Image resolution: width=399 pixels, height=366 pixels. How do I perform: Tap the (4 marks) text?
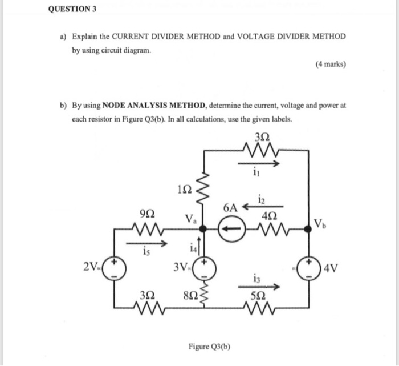330,65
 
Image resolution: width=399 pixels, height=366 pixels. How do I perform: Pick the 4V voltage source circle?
309,267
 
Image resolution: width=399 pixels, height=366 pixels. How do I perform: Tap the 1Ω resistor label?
186,189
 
